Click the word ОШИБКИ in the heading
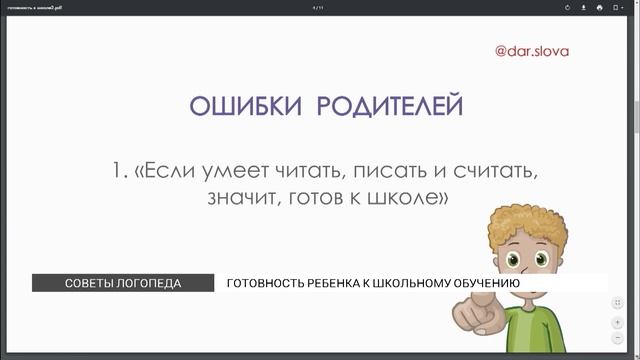click(235, 107)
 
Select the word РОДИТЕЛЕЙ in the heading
click(391, 107)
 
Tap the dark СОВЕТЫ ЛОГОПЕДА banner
click(123, 283)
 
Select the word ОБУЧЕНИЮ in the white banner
click(479, 283)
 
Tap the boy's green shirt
click(540, 335)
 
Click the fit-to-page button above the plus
click(617, 302)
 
